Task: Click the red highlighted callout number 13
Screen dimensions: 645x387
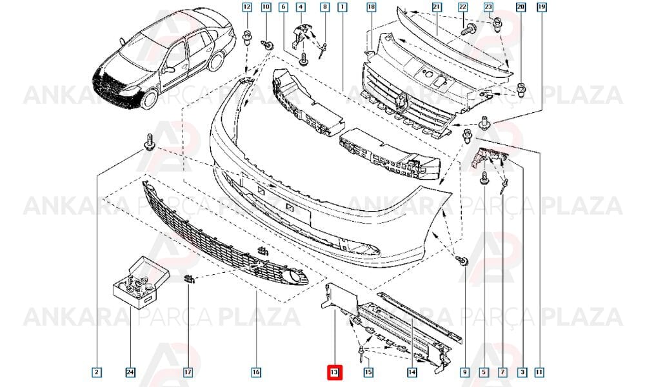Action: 333,373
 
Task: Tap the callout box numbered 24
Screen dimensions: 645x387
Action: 130,373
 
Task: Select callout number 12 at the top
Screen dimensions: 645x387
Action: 247,7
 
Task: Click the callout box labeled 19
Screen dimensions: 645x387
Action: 541,7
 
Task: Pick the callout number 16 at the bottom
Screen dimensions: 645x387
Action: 256,373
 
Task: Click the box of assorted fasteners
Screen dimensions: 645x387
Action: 141,283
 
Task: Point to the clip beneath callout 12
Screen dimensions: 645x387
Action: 247,38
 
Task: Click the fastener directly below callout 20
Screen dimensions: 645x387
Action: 521,89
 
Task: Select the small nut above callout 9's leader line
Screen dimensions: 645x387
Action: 462,260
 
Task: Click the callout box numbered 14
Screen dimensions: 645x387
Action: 412,373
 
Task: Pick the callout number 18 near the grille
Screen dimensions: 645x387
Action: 372,7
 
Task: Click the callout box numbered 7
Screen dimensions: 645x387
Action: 502,373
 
